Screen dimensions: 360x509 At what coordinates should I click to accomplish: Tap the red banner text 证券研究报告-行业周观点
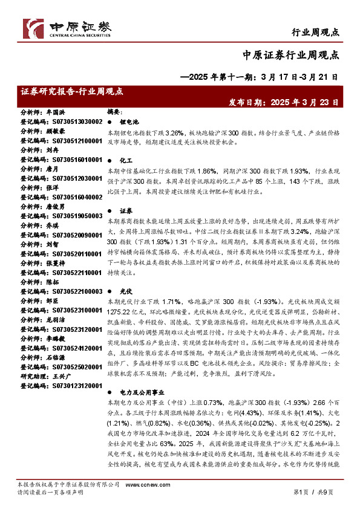(x=72, y=92)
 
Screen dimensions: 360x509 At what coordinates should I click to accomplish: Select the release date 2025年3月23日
(x=303, y=103)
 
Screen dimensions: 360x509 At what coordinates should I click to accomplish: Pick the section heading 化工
(x=125, y=161)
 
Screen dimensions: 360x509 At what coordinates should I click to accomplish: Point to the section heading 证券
(x=125, y=211)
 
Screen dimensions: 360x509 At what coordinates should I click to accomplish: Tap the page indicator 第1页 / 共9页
(x=317, y=493)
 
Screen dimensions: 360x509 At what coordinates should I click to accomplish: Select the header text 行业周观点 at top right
(x=315, y=31)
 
